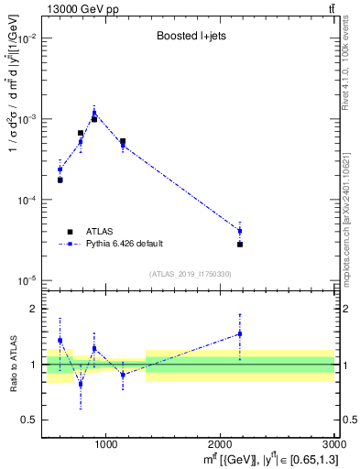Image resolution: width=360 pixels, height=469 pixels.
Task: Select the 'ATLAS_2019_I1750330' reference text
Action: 191,274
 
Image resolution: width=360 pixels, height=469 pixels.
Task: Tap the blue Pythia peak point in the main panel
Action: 94,113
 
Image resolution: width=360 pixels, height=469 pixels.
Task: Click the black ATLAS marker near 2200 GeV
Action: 240,245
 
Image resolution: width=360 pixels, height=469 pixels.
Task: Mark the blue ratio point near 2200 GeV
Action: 240,333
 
